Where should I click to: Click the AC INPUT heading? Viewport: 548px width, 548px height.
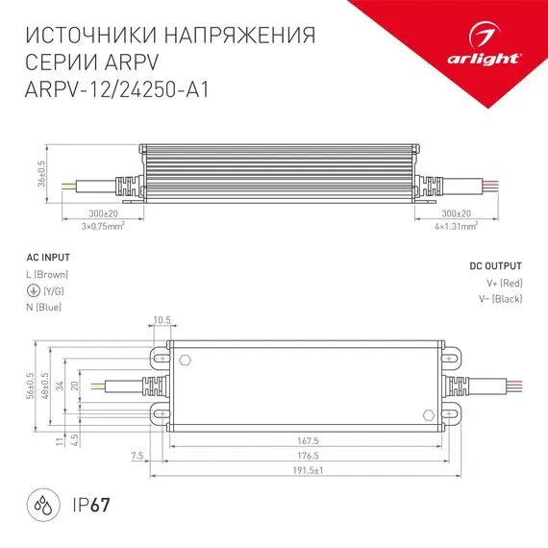pos(46,260)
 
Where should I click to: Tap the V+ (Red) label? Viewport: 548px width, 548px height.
pos(504,283)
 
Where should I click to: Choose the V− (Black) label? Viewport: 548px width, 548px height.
pos(500,299)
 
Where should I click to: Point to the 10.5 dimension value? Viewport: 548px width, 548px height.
pos(161,321)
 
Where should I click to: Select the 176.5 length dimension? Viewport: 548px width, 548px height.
pos(306,457)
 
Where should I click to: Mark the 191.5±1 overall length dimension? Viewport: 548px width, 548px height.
pos(306,470)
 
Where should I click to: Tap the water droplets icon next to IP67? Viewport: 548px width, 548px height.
pos(39,503)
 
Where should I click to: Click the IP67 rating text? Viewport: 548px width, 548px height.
pos(91,503)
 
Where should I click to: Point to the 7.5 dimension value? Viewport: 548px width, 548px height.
pos(140,457)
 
